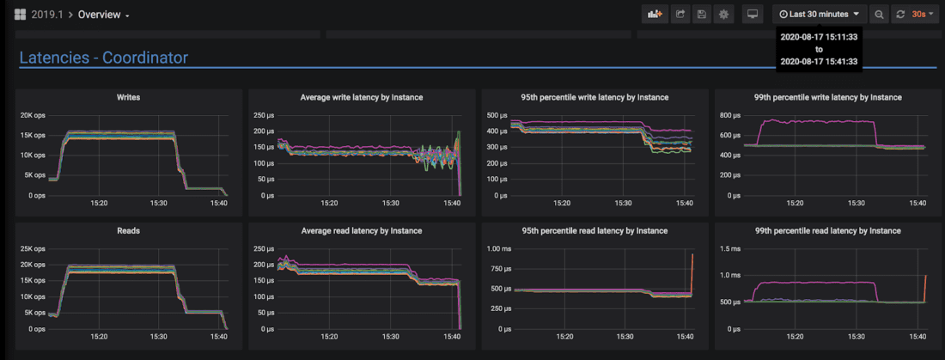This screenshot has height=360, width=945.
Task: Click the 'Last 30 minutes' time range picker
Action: (x=819, y=14)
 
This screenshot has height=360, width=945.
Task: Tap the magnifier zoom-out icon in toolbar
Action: (x=879, y=14)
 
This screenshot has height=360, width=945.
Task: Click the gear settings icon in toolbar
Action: (x=724, y=14)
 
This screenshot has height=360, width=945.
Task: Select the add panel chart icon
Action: (x=655, y=14)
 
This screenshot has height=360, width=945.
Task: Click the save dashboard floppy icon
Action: (x=702, y=14)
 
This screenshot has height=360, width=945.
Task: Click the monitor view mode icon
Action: (x=753, y=14)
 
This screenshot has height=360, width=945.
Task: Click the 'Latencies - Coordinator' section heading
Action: (x=103, y=58)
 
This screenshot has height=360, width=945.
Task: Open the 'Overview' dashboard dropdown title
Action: (x=103, y=15)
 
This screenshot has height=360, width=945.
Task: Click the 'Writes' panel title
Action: (x=129, y=97)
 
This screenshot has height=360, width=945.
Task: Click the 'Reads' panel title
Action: (x=129, y=230)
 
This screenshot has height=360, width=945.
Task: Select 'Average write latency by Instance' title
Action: (x=362, y=97)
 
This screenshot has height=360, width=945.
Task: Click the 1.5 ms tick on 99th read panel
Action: (x=733, y=248)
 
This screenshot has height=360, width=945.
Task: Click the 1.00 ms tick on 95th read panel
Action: (x=499, y=248)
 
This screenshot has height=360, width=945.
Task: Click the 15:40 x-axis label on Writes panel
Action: (x=218, y=203)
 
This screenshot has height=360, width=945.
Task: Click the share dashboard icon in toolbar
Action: (x=680, y=14)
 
